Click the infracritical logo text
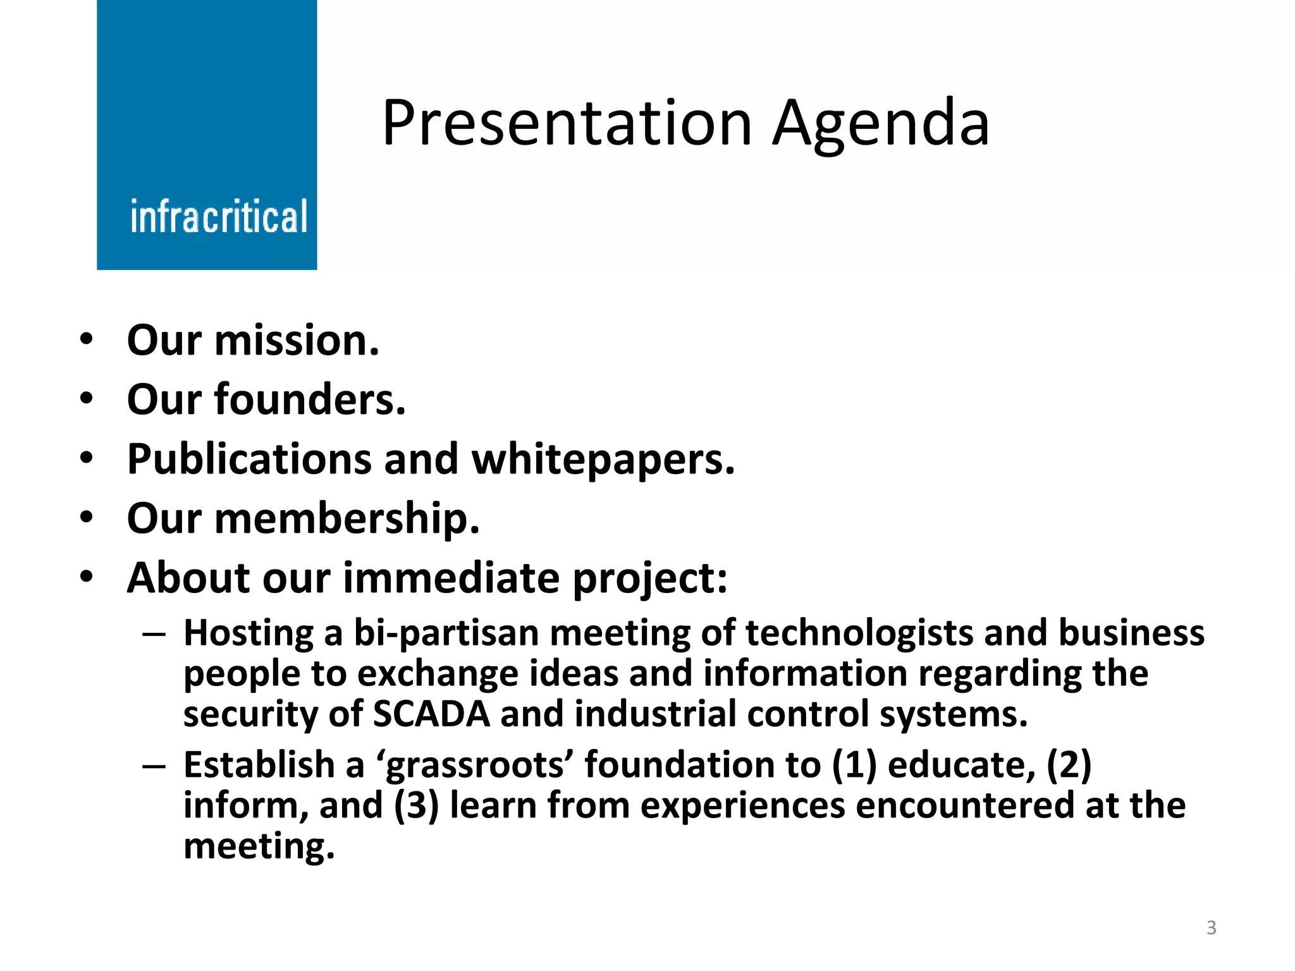[219, 217]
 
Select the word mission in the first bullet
[297, 341]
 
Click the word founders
[310, 400]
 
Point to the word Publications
[248, 460]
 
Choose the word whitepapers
[604, 460]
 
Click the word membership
[347, 519]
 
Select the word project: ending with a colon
[651, 578]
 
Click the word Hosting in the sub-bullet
[249, 633]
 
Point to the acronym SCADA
[432, 714]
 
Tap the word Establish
[259, 765]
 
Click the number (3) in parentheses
[416, 806]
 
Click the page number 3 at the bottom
[1211, 928]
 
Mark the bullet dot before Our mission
[87, 339]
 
